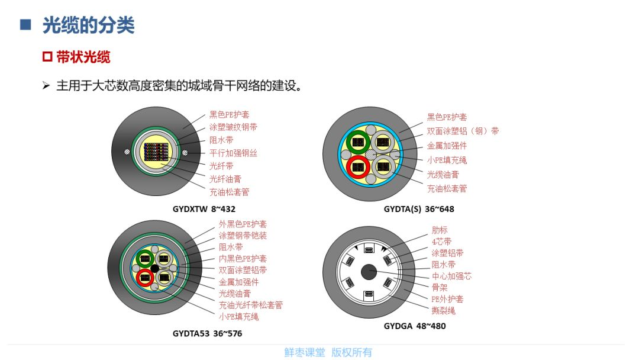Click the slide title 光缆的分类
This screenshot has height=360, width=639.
click(x=88, y=25)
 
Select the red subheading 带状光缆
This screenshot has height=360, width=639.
click(x=83, y=57)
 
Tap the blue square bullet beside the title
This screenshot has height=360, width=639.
click(x=25, y=25)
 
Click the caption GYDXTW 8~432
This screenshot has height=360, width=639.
click(x=204, y=209)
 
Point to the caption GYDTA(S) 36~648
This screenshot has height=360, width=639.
click(x=419, y=209)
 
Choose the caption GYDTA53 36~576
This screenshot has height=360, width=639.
click(x=207, y=333)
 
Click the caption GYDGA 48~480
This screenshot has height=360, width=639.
click(x=414, y=326)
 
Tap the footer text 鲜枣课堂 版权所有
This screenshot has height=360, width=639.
click(x=328, y=352)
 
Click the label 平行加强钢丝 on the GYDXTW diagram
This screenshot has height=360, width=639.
click(x=233, y=153)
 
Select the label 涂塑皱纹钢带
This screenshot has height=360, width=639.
click(x=233, y=127)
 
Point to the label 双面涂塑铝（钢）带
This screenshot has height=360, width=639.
click(x=463, y=131)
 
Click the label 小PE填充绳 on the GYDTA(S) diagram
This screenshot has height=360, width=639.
click(x=447, y=160)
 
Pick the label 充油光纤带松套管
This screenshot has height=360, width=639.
click(x=251, y=305)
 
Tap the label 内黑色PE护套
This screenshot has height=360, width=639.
click(x=243, y=259)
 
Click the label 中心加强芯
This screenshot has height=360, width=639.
click(x=451, y=276)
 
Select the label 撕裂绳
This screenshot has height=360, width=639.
click(x=443, y=311)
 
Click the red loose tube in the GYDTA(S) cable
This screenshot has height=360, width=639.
click(x=358, y=167)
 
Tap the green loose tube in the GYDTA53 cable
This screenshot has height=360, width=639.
click(x=145, y=259)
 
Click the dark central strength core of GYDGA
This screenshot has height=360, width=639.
click(x=369, y=272)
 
